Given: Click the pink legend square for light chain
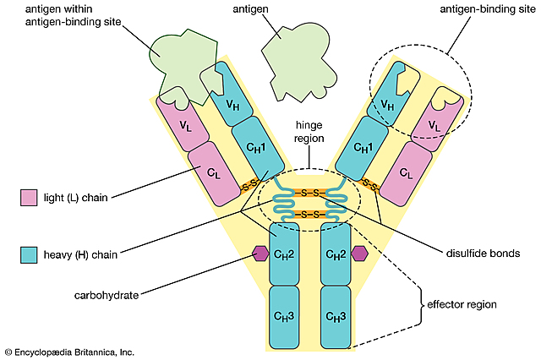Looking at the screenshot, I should (30, 199).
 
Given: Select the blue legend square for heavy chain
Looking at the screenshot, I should (30, 253).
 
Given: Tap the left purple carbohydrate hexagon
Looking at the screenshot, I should (259, 253).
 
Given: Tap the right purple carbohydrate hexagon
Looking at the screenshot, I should (361, 253).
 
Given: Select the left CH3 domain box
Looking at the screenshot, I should (285, 316).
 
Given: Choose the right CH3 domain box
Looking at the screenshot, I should (335, 316).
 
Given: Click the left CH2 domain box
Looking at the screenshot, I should (285, 254).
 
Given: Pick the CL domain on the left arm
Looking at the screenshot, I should (214, 172).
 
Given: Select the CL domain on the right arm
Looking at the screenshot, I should (405, 172).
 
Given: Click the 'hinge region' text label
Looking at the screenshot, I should (310, 131).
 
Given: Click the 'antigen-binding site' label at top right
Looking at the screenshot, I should (479, 9).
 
